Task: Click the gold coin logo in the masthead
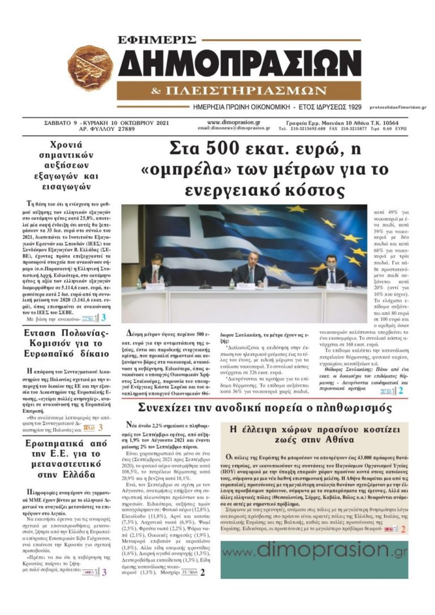pyautogui.click(x=91, y=68)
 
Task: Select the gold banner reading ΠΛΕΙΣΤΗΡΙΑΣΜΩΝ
pyautogui.click(x=239, y=91)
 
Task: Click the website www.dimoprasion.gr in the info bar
pyautogui.click(x=234, y=122)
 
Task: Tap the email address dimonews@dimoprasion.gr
pyautogui.click(x=234, y=129)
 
